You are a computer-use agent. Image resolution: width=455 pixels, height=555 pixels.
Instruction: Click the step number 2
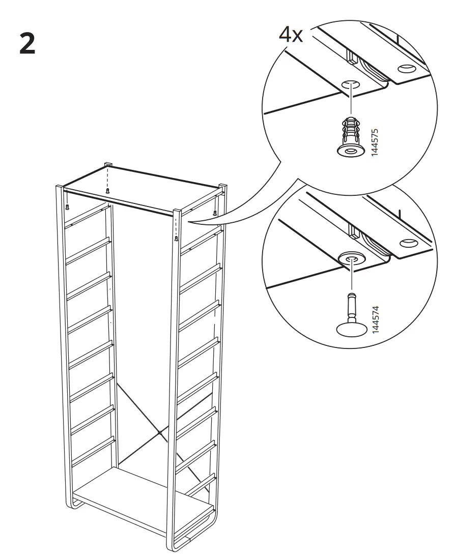28,45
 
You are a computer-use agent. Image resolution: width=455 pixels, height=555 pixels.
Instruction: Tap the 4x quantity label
291,35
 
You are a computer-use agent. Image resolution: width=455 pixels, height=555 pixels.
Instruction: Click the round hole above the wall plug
350,84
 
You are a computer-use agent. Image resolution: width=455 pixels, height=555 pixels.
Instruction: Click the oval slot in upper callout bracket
407,68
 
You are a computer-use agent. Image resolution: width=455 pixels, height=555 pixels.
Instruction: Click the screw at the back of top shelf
107,191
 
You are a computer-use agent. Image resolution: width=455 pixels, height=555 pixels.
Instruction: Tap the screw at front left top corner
67,207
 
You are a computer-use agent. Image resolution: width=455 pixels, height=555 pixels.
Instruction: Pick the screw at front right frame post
177,238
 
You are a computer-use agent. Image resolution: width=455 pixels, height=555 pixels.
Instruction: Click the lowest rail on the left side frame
92,450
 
